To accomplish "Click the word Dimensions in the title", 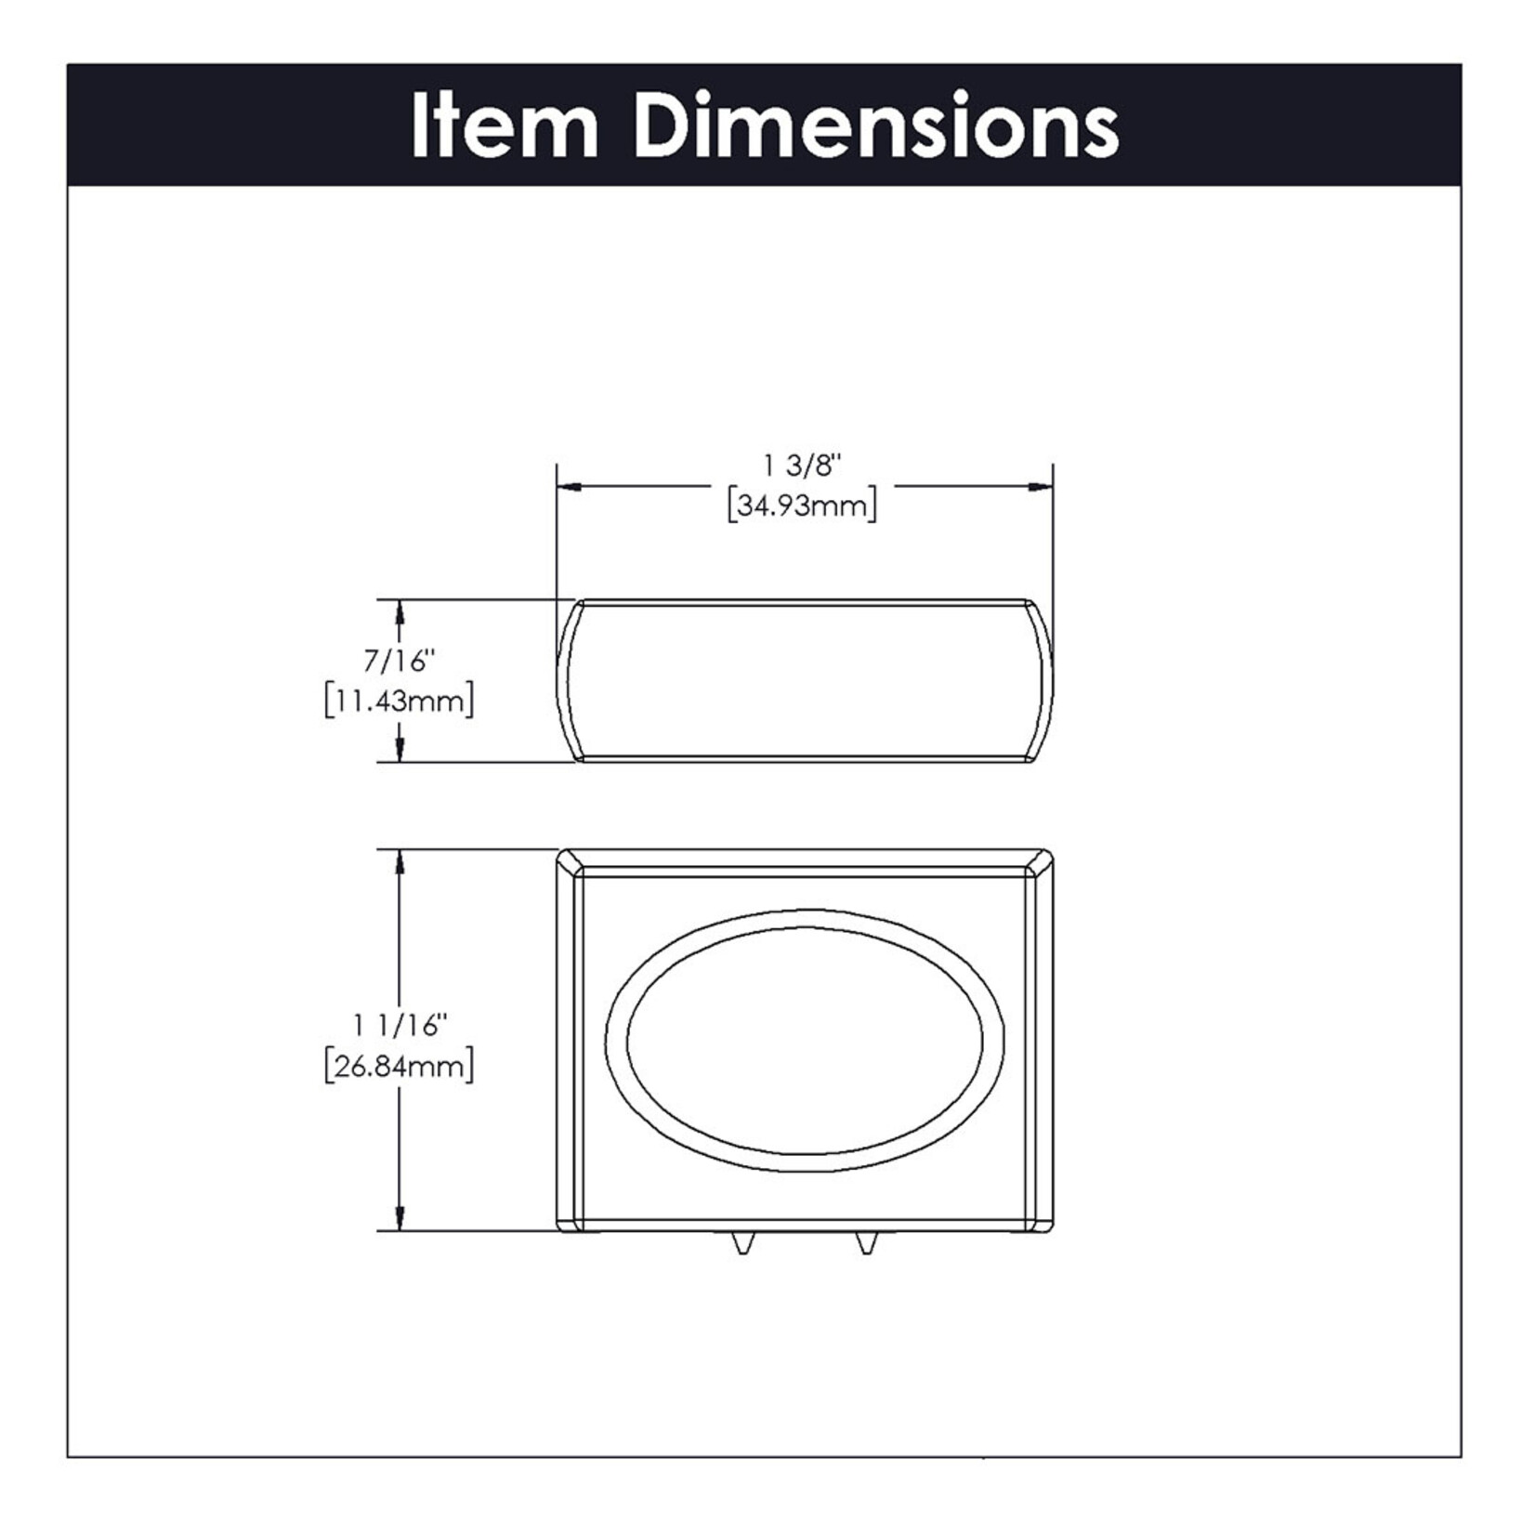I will (x=877, y=125).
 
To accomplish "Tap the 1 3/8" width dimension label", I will (x=803, y=464).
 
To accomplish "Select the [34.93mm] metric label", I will (x=803, y=506).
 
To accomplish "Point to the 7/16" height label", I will (x=400, y=661).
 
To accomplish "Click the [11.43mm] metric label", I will (x=400, y=701).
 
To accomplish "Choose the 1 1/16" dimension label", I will (x=400, y=1026).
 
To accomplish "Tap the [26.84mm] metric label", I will (x=400, y=1067).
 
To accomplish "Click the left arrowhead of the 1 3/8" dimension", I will (x=568, y=486).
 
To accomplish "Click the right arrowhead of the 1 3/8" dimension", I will (x=1042, y=486).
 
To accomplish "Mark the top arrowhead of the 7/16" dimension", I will (x=400, y=610).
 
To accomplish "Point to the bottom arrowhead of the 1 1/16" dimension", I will (x=400, y=1219).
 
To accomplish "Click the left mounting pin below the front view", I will (x=742, y=1243).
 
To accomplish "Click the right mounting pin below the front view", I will (x=866, y=1243).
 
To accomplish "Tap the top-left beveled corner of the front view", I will (x=569, y=861).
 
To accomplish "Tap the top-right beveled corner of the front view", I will (x=1042, y=861).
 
